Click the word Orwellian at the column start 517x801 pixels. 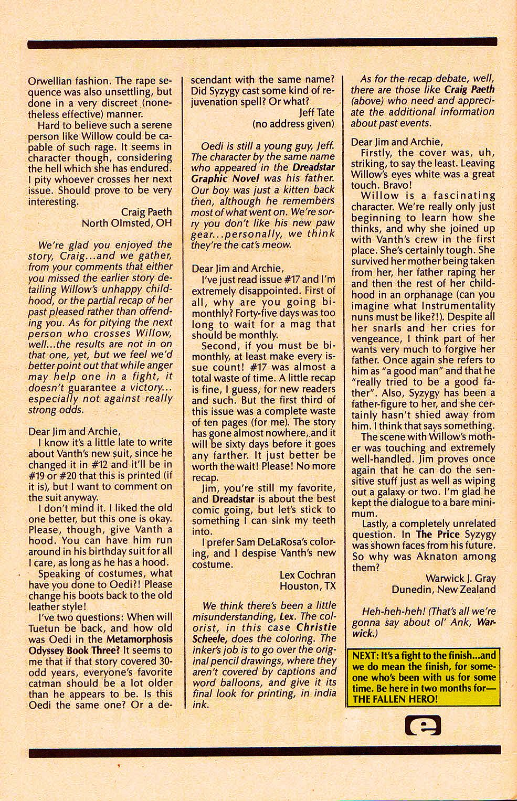click(x=48, y=81)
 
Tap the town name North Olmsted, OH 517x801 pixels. click(x=126, y=223)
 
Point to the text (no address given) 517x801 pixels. click(x=293, y=124)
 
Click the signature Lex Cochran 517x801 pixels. click(x=307, y=575)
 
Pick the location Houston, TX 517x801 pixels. click(x=307, y=586)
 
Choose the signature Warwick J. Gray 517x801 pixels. click(x=460, y=579)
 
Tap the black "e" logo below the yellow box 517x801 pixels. click(x=423, y=725)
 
